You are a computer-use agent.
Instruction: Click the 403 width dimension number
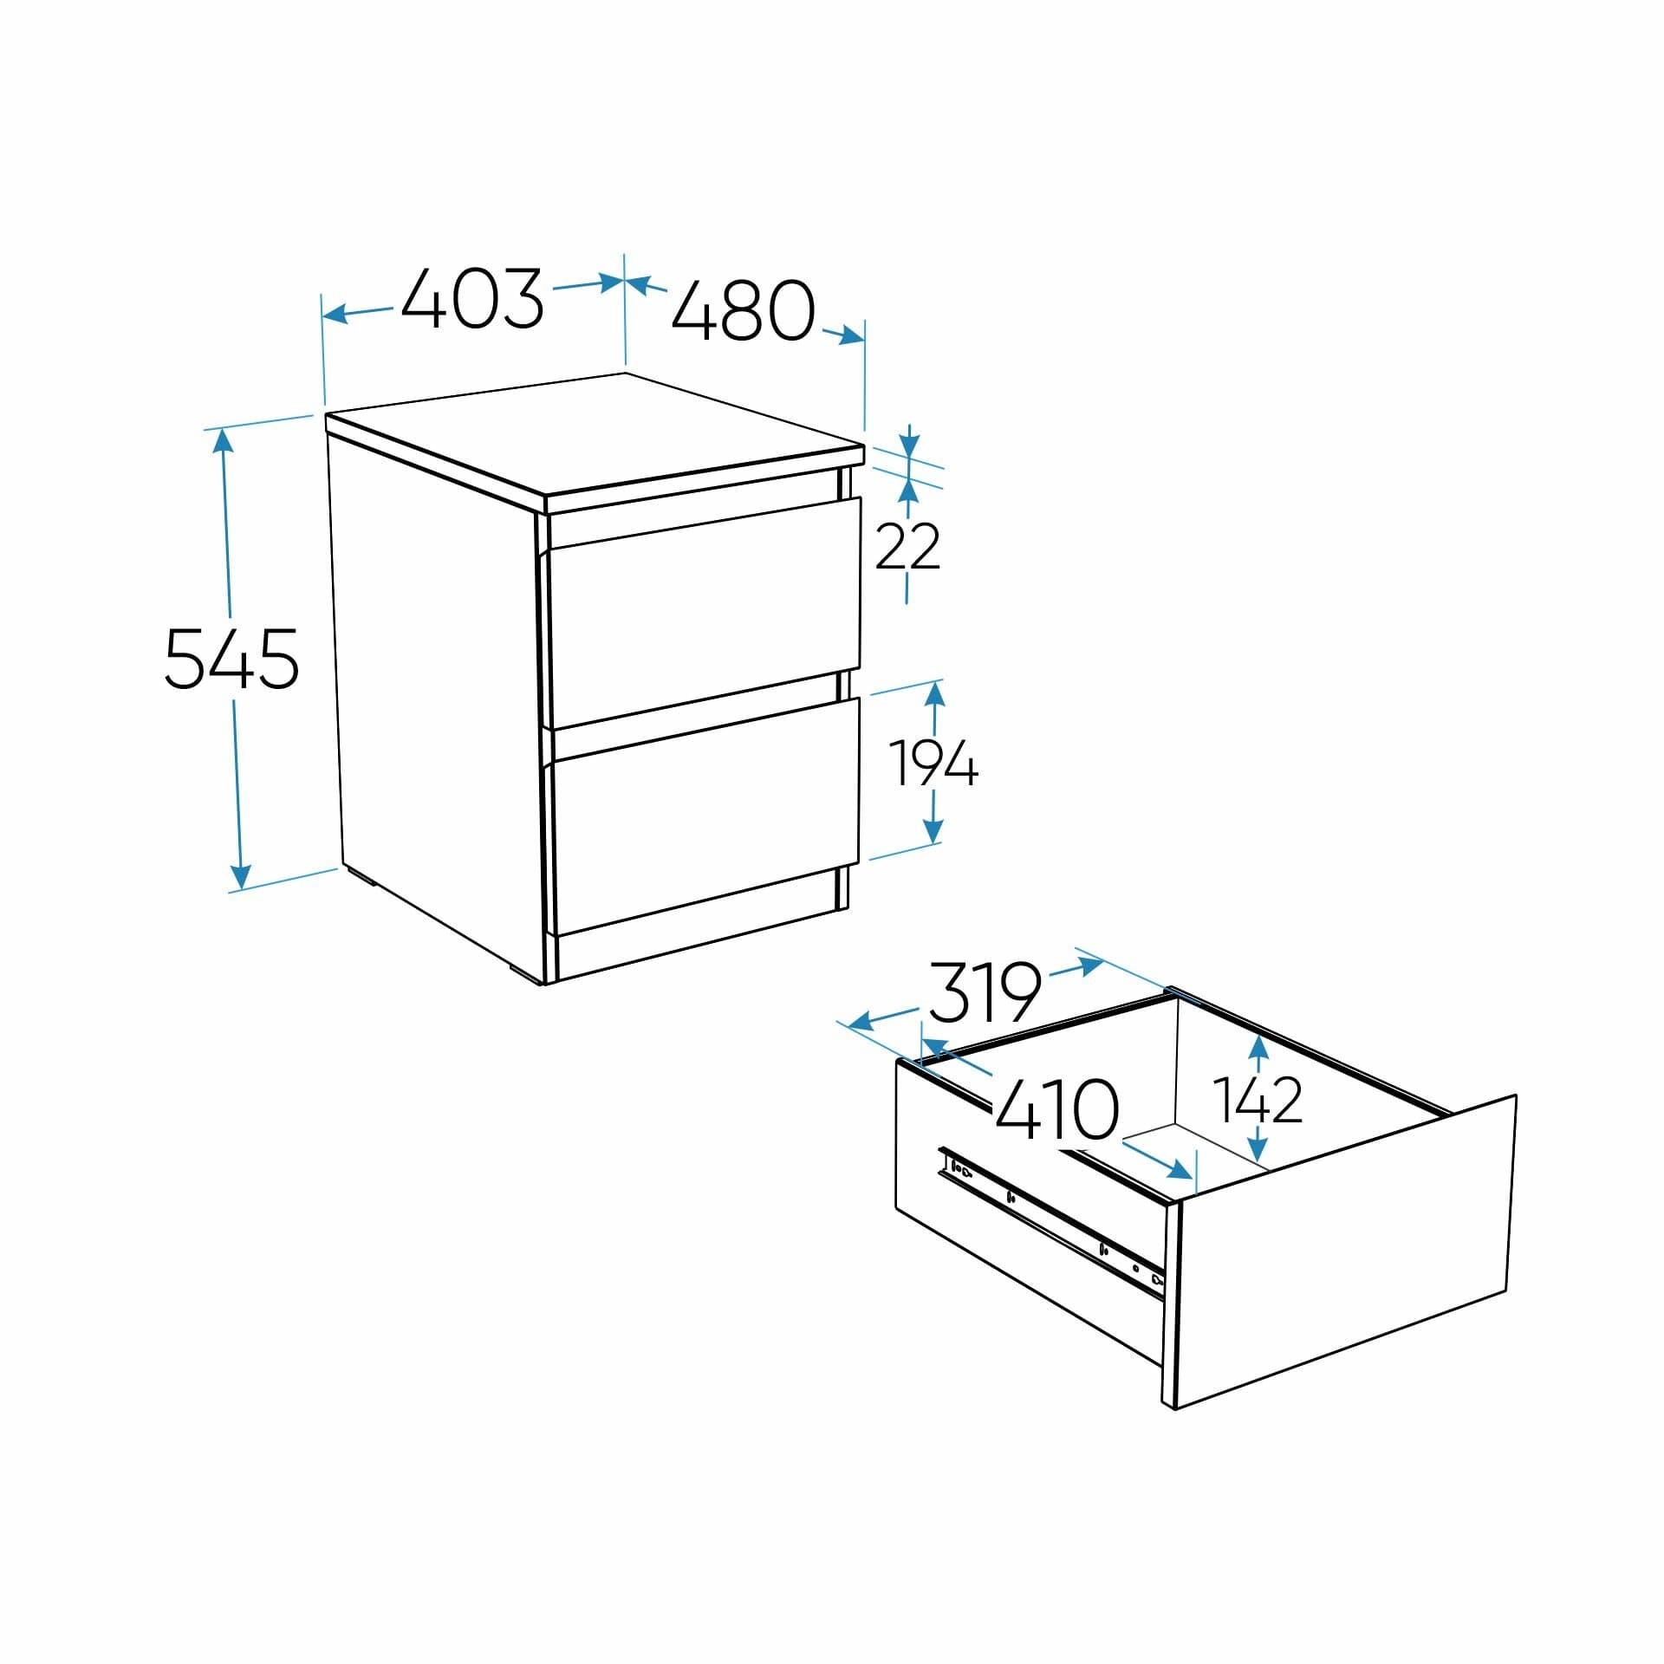pyautogui.click(x=472, y=298)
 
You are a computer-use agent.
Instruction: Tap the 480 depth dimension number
pyautogui.click(x=744, y=310)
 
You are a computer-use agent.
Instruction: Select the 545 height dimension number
pyautogui.click(x=231, y=660)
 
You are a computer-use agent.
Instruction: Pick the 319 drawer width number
pyautogui.click(x=985, y=992)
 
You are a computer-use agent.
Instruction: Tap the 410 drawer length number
pyautogui.click(x=1057, y=1108)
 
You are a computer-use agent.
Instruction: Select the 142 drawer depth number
pyautogui.click(x=1258, y=1100)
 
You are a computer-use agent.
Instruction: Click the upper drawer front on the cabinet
pyautogui.click(x=704, y=611)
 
